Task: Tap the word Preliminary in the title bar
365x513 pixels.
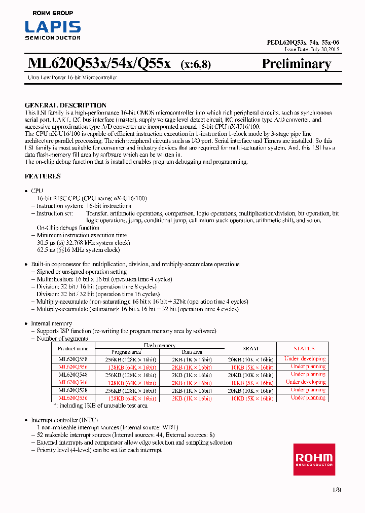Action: pyautogui.click(x=296, y=63)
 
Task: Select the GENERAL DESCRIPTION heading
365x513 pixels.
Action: pyautogui.click(x=65, y=105)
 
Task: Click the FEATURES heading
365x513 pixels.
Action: pyautogui.click(x=43, y=176)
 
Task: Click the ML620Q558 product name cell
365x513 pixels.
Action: pyautogui.click(x=73, y=358)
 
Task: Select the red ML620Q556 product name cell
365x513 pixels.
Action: pyautogui.click(x=73, y=367)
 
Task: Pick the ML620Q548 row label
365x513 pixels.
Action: pyautogui.click(x=73, y=375)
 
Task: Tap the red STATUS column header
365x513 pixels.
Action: pyautogui.click(x=304, y=349)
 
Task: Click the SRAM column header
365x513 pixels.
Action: pyautogui.click(x=250, y=349)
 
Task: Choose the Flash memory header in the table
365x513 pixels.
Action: pyautogui.click(x=160, y=345)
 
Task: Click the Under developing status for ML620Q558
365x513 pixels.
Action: pyautogui.click(x=305, y=358)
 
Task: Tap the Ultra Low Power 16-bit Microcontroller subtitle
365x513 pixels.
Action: pyautogui.click(x=71, y=78)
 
